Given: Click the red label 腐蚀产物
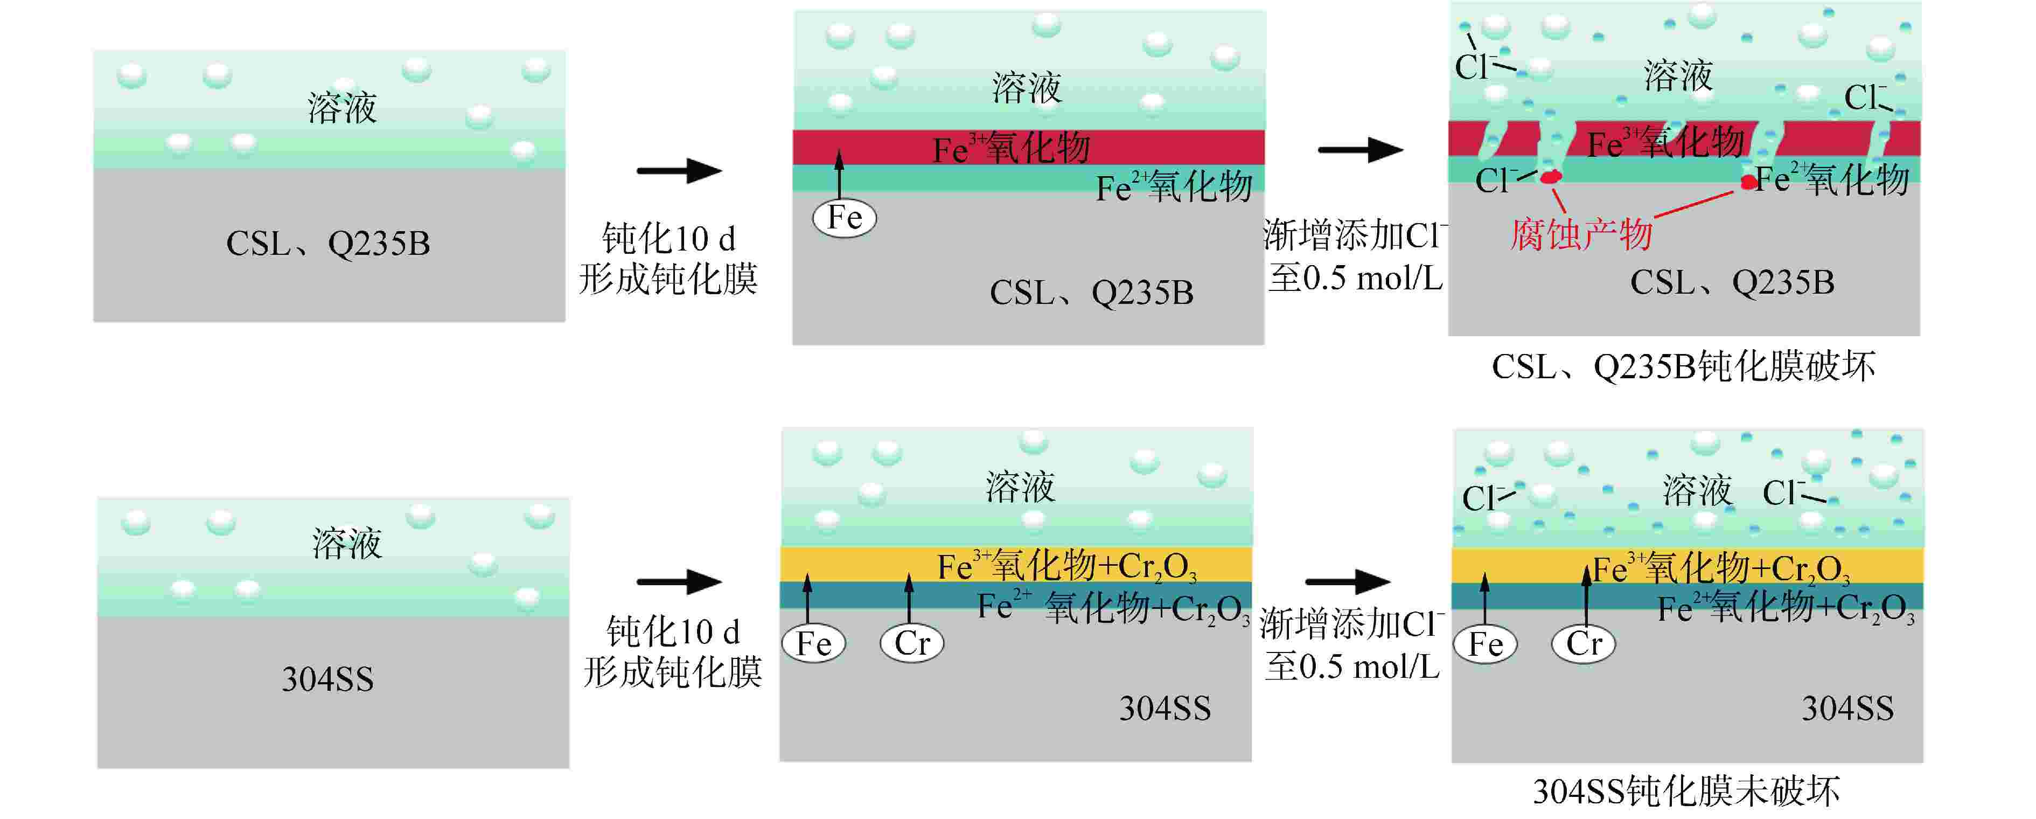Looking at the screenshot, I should [x=1581, y=235].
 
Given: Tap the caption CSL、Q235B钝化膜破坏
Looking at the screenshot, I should [x=1684, y=367].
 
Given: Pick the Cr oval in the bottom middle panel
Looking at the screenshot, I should [x=912, y=643].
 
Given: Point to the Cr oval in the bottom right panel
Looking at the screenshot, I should [x=1584, y=643].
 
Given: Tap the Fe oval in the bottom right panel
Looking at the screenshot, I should [x=1485, y=643].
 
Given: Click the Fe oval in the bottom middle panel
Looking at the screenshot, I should [x=813, y=643].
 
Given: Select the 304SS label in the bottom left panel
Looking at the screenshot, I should [x=327, y=679].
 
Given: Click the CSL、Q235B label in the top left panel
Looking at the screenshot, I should [x=328, y=244].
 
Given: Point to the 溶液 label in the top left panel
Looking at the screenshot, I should [x=341, y=108].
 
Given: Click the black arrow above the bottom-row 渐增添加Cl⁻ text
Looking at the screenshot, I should [x=1348, y=582].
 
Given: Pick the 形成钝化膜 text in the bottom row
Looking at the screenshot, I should [x=672, y=672].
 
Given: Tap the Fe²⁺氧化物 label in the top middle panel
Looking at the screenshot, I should [x=1174, y=188].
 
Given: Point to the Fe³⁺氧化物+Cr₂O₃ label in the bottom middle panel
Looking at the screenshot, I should [x=1066, y=567].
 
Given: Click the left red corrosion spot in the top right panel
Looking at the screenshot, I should [x=1551, y=176].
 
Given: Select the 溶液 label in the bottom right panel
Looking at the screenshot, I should [x=1697, y=491].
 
